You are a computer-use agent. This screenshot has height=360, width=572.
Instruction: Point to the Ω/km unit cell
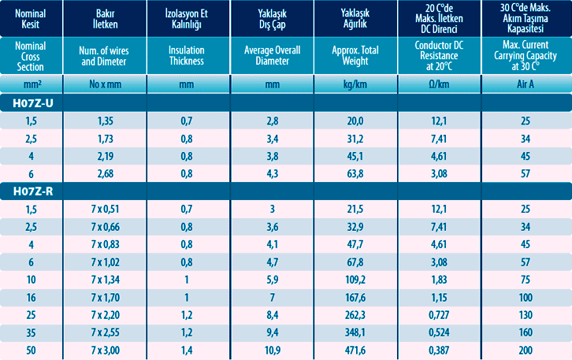click(x=438, y=84)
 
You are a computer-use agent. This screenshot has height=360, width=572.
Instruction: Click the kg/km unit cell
click(x=355, y=84)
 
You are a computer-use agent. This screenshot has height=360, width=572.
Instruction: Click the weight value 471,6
click(x=355, y=349)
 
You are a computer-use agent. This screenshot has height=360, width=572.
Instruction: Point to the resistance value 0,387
click(x=438, y=349)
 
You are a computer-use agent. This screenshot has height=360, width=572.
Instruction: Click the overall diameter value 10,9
click(x=273, y=349)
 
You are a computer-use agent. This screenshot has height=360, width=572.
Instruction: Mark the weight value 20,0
click(x=355, y=121)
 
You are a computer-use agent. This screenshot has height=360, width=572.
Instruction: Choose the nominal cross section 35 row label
click(x=32, y=332)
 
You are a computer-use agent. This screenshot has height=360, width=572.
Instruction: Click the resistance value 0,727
click(x=438, y=314)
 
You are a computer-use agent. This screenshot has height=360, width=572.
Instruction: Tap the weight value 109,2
click(x=355, y=279)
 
